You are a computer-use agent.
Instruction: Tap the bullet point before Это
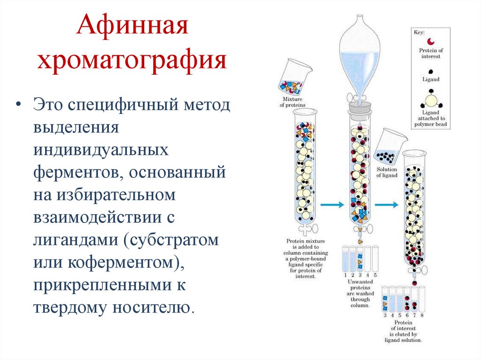point(19,104)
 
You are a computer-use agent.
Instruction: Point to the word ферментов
point(75,173)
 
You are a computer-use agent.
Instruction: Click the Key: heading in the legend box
point(419,33)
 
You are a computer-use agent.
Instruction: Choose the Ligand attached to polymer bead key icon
point(430,99)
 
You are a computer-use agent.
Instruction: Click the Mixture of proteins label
point(293,102)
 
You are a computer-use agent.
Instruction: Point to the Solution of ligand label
point(387,172)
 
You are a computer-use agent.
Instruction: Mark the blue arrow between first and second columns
point(333,205)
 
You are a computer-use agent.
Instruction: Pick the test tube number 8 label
point(422,316)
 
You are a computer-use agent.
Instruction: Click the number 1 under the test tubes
point(345,275)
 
